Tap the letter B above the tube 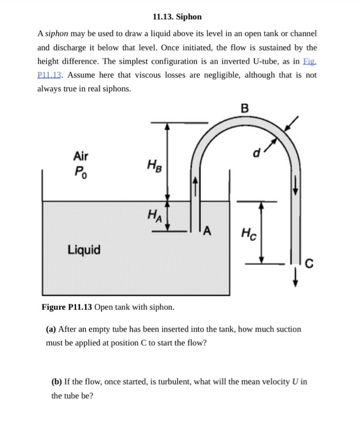click(244, 109)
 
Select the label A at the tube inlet click(207, 230)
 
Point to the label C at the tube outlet click(309, 262)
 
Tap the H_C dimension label click(248, 233)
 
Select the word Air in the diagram click(80, 156)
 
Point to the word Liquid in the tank click(84, 250)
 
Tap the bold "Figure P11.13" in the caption click(66, 307)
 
